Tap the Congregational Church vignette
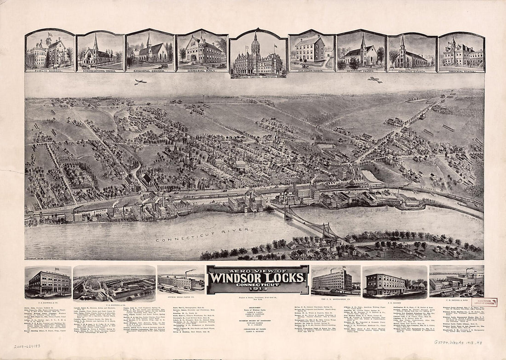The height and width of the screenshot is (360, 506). tap(100, 51)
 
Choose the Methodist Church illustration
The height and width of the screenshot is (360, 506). tap(361, 51)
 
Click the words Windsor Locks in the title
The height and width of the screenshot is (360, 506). tap(257, 279)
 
